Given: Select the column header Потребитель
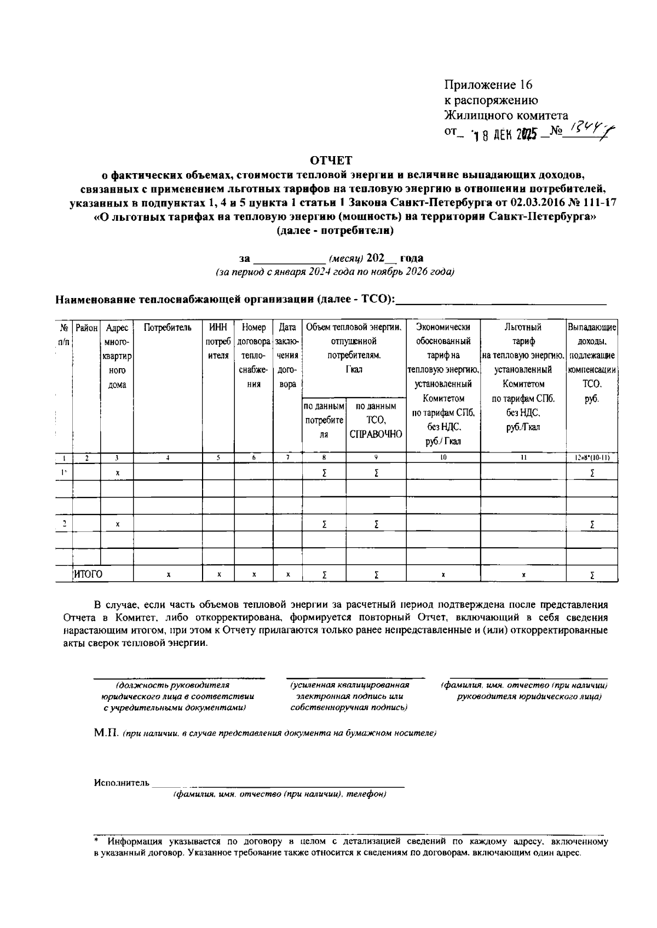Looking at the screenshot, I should pyautogui.click(x=168, y=328).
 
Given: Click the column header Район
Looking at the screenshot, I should pyautogui.click(x=87, y=328).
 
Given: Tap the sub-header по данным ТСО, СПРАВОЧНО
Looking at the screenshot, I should pyautogui.click(x=376, y=420).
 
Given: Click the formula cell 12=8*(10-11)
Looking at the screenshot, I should pyautogui.click(x=592, y=457).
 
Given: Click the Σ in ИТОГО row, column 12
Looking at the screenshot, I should pyautogui.click(x=592, y=575).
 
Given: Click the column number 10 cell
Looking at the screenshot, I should pyautogui.click(x=443, y=457).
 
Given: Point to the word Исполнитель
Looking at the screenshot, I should pyautogui.click(x=122, y=783).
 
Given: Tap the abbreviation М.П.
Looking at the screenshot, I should pyautogui.click(x=106, y=733).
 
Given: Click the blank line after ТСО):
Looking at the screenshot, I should pyautogui.click(x=501, y=300).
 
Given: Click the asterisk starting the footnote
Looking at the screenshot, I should pyautogui.click(x=96, y=840).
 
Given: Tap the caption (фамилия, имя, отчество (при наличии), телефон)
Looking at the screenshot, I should pyautogui.click(x=280, y=794).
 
